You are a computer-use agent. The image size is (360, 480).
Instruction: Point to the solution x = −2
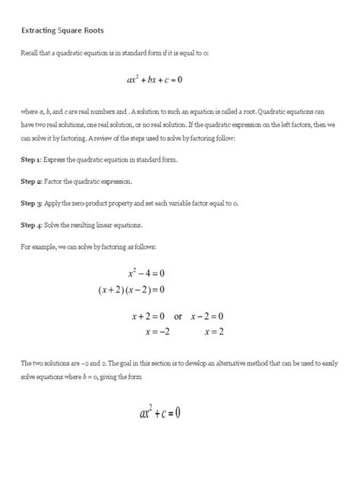156,332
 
